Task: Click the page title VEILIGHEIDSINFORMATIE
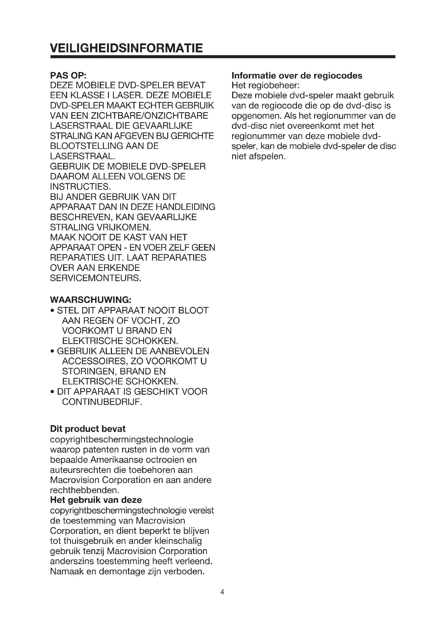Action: (126, 48)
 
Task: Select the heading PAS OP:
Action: (68, 75)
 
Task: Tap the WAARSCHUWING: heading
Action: (91, 299)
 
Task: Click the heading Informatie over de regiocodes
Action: (297, 76)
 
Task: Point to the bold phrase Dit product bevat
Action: (88, 429)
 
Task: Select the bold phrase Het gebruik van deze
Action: (96, 500)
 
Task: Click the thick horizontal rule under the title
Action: (222, 57)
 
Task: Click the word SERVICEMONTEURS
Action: (95, 278)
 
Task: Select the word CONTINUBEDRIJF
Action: (102, 402)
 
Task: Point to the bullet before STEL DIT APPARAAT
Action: (52, 311)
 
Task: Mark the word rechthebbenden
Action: (84, 490)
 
